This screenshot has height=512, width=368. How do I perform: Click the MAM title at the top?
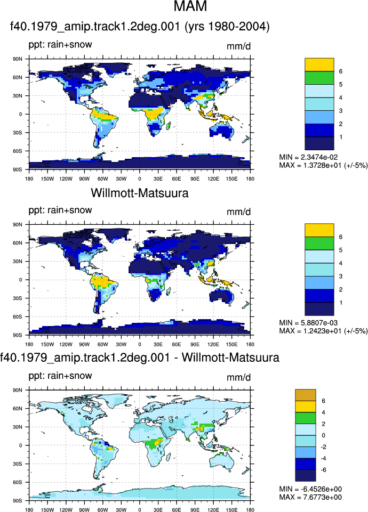190,6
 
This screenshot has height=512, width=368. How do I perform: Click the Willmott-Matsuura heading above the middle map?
140,193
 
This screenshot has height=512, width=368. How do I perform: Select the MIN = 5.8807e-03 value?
308,323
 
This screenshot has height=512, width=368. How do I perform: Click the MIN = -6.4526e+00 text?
310,489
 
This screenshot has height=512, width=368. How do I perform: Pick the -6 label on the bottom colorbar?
323,470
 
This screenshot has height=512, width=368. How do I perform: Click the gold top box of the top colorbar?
319,64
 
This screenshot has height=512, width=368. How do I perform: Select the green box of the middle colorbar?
319,243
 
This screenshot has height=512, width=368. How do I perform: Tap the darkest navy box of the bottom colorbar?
306,475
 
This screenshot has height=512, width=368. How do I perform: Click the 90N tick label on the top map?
18,59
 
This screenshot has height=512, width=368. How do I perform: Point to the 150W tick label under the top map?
47,178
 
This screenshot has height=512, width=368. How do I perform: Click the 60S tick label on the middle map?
18,316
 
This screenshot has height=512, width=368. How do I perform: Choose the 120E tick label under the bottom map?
213,510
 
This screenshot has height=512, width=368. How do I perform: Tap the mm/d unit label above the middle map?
238,212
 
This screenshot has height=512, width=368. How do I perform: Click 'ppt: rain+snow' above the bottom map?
60,376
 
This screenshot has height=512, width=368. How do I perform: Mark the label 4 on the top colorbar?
341,97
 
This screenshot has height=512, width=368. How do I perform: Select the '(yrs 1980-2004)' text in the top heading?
227,27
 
